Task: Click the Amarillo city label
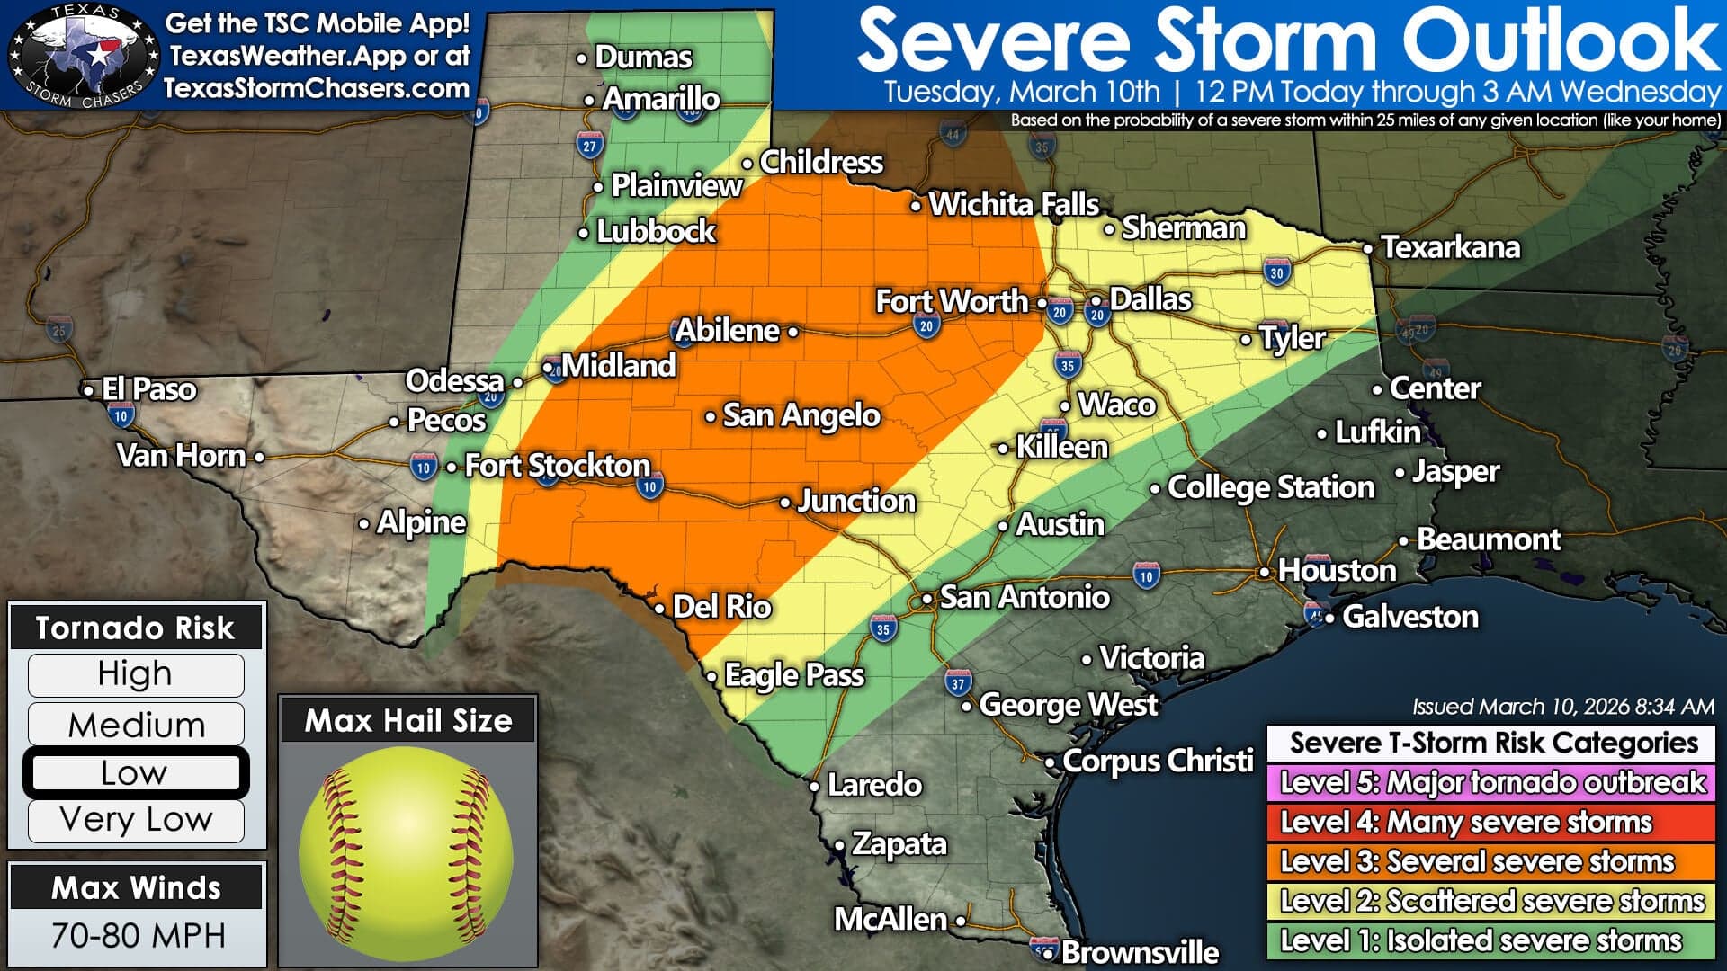[660, 98]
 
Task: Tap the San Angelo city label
[801, 415]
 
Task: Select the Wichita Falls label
[1013, 204]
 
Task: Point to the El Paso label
[148, 389]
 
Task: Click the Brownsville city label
[1140, 951]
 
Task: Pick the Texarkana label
[1450, 247]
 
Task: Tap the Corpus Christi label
[1157, 761]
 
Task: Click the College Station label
[1270, 487]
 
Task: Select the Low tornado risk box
[135, 772]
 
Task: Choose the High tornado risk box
[135, 674]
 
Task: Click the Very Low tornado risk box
[135, 820]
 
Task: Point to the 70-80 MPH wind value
[138, 935]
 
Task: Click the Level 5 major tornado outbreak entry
[1491, 782]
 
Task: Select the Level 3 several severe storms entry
[1491, 861]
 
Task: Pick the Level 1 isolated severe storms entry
[1491, 940]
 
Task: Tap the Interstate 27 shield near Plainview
[589, 146]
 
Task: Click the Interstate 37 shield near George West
[957, 683]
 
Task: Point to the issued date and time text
[1562, 707]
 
